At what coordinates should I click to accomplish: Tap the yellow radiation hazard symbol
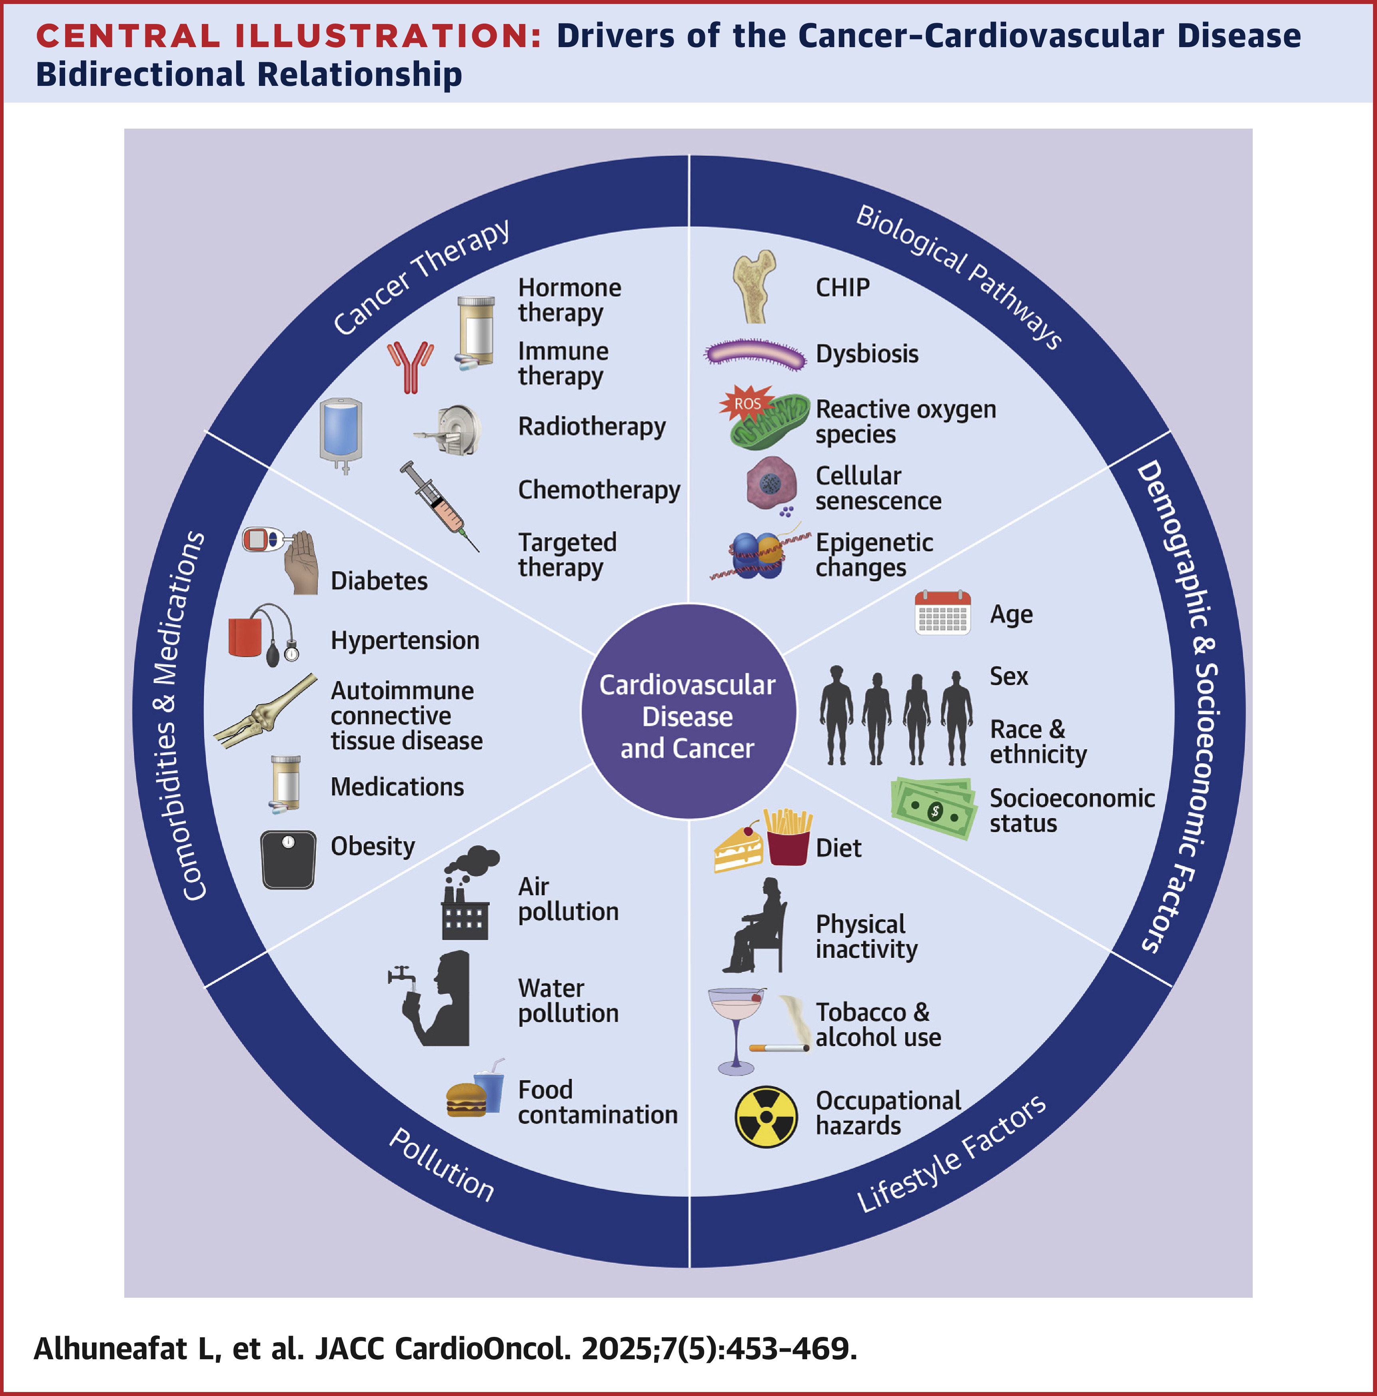[766, 1116]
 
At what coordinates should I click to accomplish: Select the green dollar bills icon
[933, 808]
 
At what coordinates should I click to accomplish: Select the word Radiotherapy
[591, 426]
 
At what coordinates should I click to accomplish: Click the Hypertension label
[405, 640]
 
